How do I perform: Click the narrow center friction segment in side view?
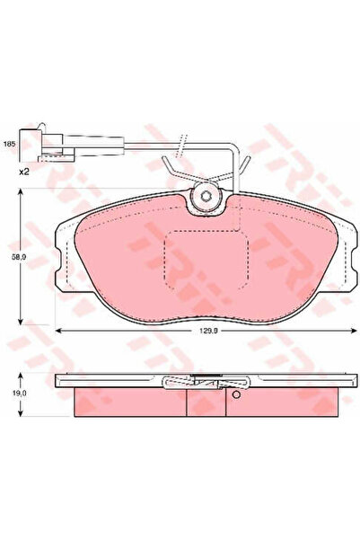click(x=206, y=402)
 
